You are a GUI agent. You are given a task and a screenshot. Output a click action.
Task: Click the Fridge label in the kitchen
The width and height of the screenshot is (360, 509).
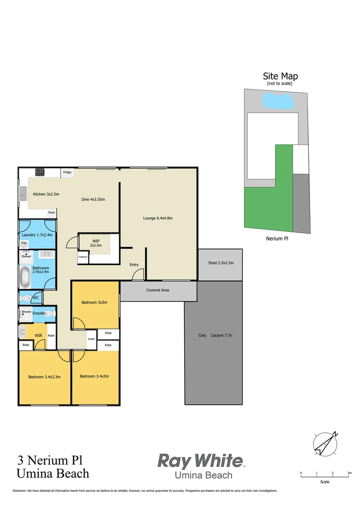coord(67,172)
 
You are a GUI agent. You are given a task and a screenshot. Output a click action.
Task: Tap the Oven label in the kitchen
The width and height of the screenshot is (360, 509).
coord(51,213)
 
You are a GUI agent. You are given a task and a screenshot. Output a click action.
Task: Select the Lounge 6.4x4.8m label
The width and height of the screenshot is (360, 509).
coord(158,218)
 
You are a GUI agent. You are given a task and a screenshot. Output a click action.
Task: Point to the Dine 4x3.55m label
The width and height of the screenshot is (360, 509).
coord(93,199)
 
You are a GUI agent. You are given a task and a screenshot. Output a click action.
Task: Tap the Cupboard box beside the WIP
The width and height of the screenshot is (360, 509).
coord(83,257)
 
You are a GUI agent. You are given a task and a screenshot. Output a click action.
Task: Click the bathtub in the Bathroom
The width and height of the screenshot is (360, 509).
coord(25,277)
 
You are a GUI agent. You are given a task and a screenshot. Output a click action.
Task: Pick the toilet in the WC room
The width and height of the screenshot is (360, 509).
coord(25,298)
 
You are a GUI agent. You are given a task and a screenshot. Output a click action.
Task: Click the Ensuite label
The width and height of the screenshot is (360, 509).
coord(39,313)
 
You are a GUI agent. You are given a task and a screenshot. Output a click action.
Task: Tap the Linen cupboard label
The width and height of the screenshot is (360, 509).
coord(91,339)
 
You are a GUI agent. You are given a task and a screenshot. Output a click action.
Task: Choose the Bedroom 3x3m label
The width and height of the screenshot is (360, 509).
coord(94,303)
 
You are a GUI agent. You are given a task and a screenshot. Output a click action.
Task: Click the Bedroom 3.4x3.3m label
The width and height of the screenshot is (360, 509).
coord(44,377)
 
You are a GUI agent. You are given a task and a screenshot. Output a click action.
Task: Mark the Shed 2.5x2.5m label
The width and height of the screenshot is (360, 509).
coord(221,263)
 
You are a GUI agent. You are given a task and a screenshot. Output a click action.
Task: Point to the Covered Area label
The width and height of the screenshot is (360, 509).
coord(158,290)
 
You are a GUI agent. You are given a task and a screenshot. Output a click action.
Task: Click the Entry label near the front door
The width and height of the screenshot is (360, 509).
coord(134,265)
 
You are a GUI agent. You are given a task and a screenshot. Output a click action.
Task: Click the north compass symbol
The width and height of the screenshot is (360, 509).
coord(325,443)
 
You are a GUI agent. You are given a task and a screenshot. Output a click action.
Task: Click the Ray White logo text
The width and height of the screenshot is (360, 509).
coord(200,460)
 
